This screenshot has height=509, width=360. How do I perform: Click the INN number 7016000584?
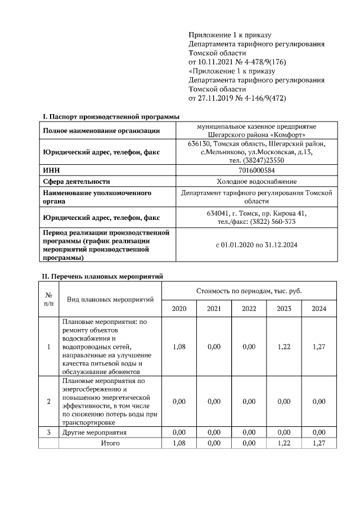256,170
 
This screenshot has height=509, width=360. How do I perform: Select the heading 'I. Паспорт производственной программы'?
111,116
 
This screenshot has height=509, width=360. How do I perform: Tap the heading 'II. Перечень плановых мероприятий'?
103,276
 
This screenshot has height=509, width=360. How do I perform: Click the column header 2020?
179,309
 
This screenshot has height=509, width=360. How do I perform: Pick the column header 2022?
249,309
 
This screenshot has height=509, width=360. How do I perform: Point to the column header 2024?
319,309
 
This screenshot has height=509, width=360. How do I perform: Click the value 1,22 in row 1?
284,347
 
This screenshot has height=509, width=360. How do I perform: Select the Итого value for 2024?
319,443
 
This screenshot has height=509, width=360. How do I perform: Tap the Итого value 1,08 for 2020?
179,443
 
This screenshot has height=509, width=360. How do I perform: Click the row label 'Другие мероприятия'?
94,433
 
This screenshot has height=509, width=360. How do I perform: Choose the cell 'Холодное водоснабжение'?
256,181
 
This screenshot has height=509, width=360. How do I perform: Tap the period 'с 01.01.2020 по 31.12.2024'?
256,245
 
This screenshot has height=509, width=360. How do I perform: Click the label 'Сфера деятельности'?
76,181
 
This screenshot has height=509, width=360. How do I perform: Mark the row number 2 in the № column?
48,401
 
